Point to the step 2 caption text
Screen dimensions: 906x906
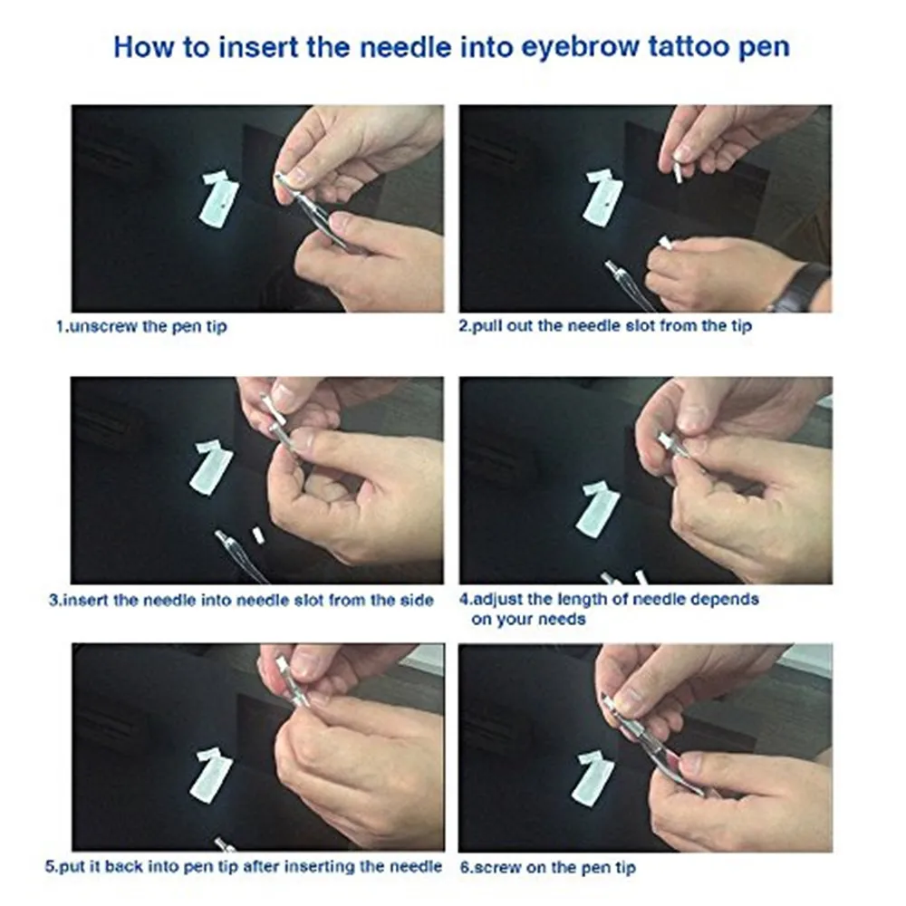click(605, 326)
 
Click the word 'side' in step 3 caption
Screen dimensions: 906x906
click(417, 601)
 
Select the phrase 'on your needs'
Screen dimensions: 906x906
click(529, 620)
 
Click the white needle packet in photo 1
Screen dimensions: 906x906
click(218, 197)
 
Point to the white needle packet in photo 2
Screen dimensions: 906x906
click(603, 197)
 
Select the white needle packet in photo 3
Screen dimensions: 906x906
click(211, 467)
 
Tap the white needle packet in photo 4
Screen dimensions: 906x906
click(597, 508)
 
